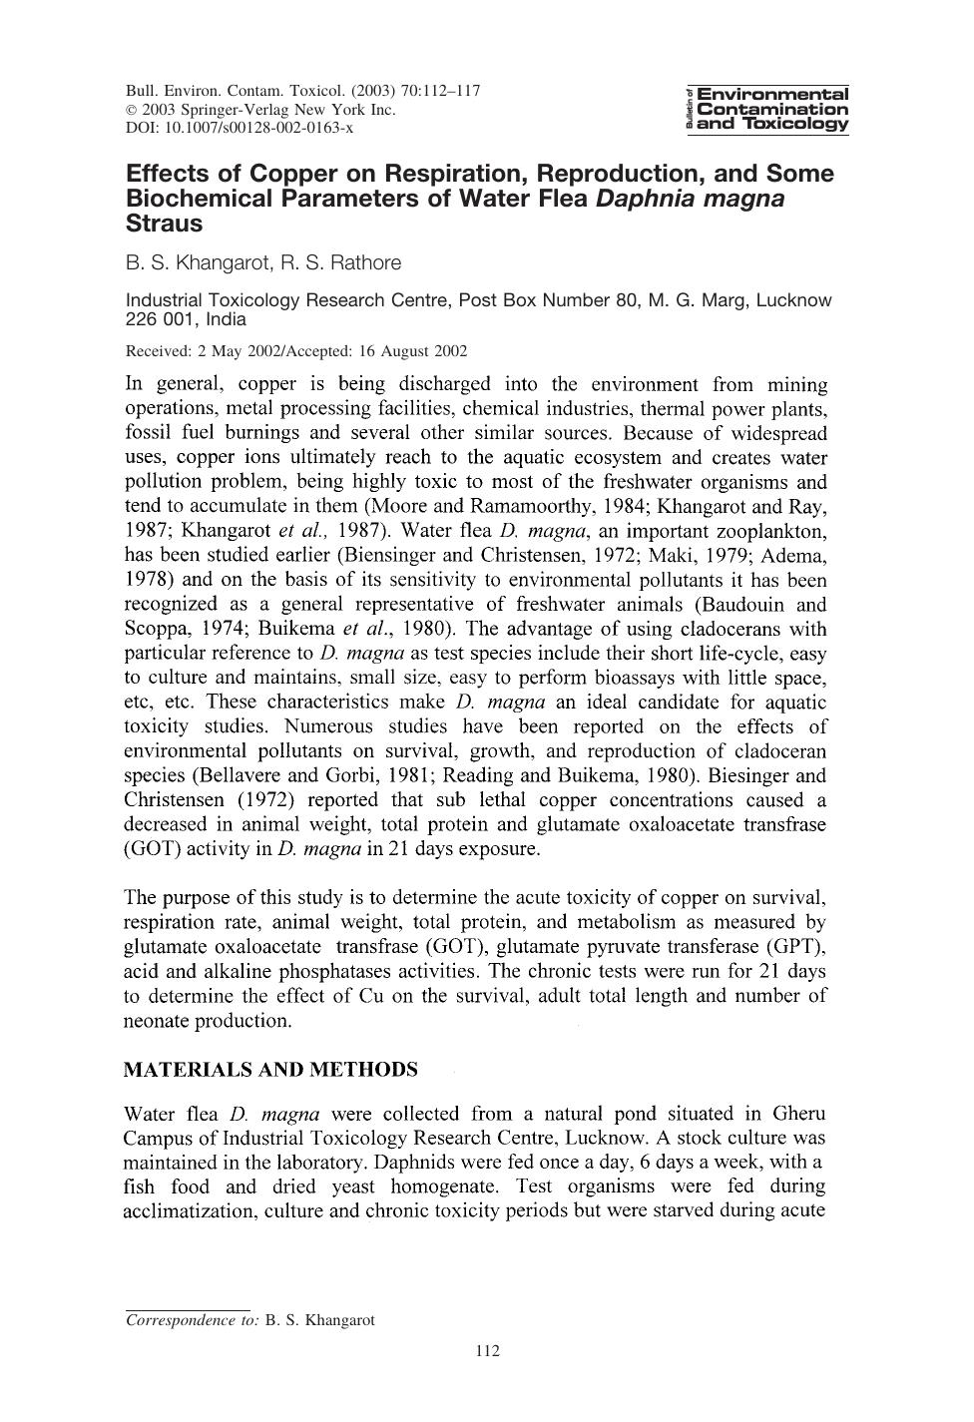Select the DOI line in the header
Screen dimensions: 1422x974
[240, 128]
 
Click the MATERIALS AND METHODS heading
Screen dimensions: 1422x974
[270, 1070]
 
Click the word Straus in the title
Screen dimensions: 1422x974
[164, 223]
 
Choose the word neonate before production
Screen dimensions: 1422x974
[160, 1020]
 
